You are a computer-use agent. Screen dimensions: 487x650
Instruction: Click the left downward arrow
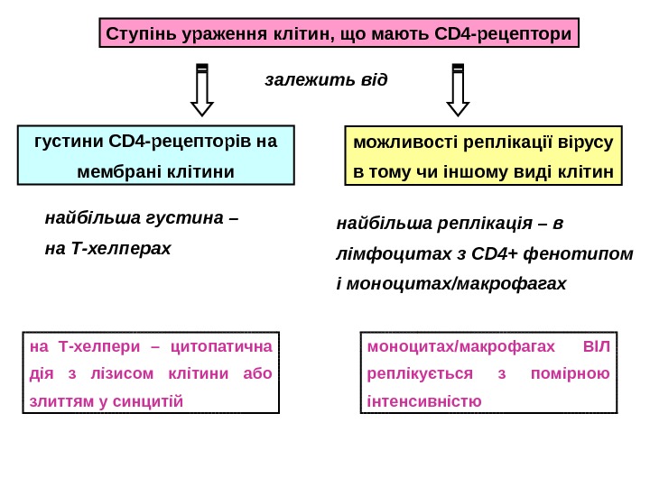pos(203,90)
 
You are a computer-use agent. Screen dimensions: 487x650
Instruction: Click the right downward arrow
pos(458,90)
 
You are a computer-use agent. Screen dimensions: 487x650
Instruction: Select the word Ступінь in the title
pos(140,35)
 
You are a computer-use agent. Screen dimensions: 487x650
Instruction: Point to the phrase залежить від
pos(326,79)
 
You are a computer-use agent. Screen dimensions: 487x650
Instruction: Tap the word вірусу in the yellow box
pos(585,142)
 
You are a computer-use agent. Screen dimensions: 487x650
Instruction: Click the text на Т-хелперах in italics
pos(107,246)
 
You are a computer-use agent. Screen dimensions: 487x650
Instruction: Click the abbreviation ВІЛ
pos(597,345)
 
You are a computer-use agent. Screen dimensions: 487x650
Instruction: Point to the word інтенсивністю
pos(424,401)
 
